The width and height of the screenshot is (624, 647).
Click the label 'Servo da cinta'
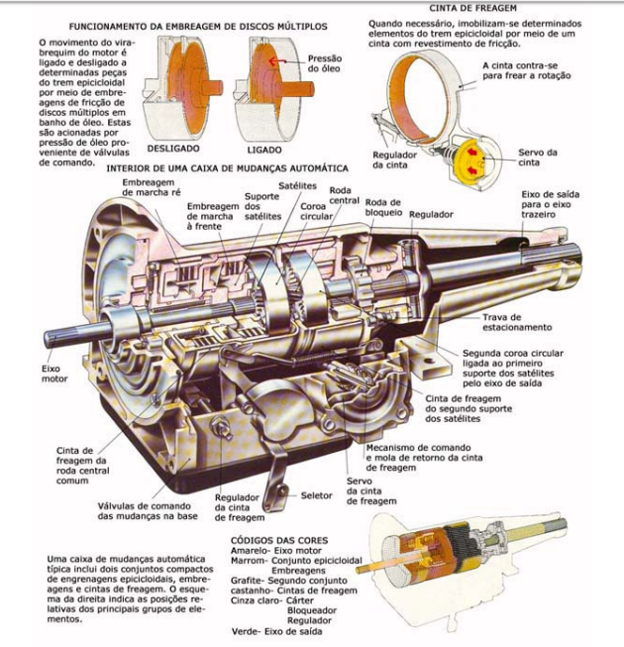(537, 157)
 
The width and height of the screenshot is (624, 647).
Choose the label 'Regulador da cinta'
(394, 160)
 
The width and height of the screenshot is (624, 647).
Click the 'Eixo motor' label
(52, 373)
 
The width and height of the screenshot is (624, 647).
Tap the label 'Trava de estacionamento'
(516, 321)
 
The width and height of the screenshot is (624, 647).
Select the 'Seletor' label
(317, 494)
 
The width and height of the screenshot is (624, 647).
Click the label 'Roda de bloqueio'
(383, 208)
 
